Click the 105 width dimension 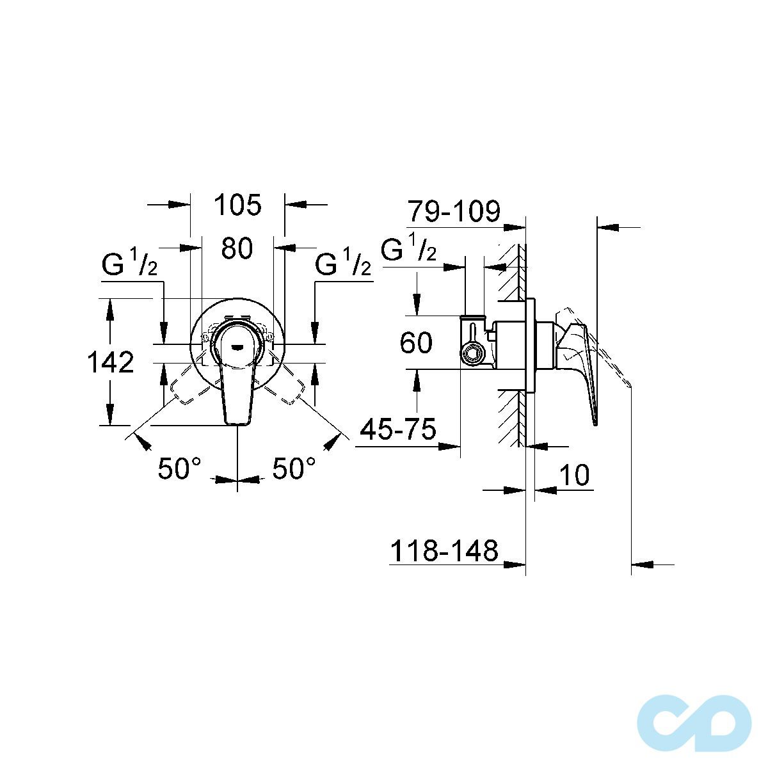[x=237, y=205]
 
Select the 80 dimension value [x=237, y=248]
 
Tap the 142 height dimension [x=110, y=362]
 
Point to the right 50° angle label [x=294, y=468]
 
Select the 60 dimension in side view [x=416, y=343]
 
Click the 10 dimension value [x=574, y=476]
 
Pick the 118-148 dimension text [x=444, y=550]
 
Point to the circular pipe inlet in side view [x=473, y=354]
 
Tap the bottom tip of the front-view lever [x=237, y=420]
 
